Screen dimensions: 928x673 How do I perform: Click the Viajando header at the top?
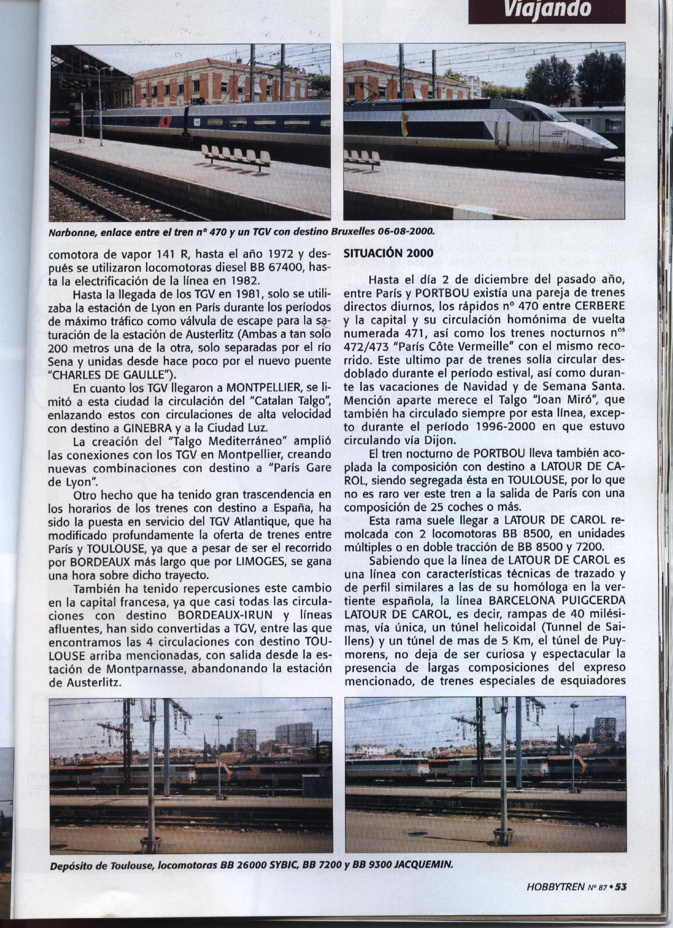[x=547, y=9]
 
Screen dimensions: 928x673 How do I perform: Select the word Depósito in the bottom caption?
[x=69, y=866]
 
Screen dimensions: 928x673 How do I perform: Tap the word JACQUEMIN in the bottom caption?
[x=426, y=866]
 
